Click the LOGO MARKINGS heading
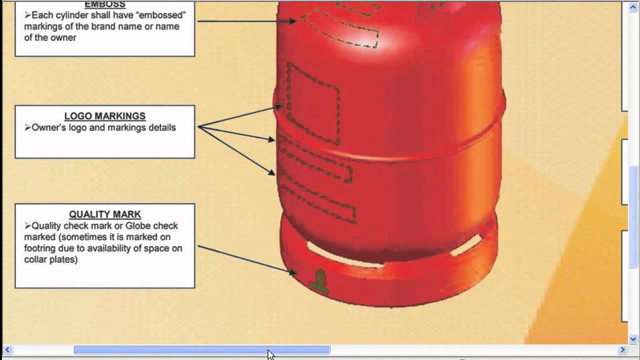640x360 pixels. click(x=105, y=116)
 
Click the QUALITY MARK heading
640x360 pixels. click(x=105, y=214)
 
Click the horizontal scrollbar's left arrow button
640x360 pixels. click(x=6, y=350)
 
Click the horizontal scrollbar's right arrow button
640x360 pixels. click(x=622, y=350)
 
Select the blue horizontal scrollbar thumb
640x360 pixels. click(x=201, y=350)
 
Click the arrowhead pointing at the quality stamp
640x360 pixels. click(x=292, y=272)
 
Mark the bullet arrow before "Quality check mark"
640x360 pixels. click(x=27, y=226)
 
